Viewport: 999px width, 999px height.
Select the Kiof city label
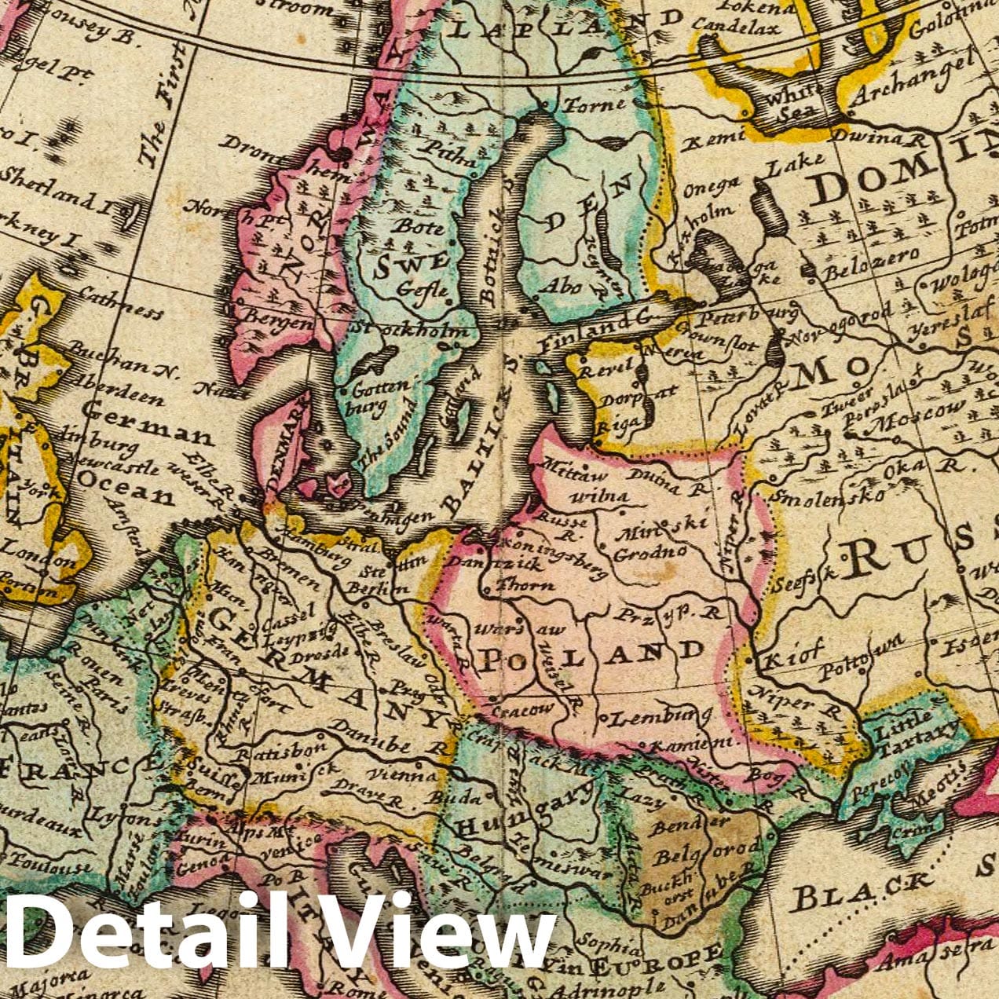[795, 653]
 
